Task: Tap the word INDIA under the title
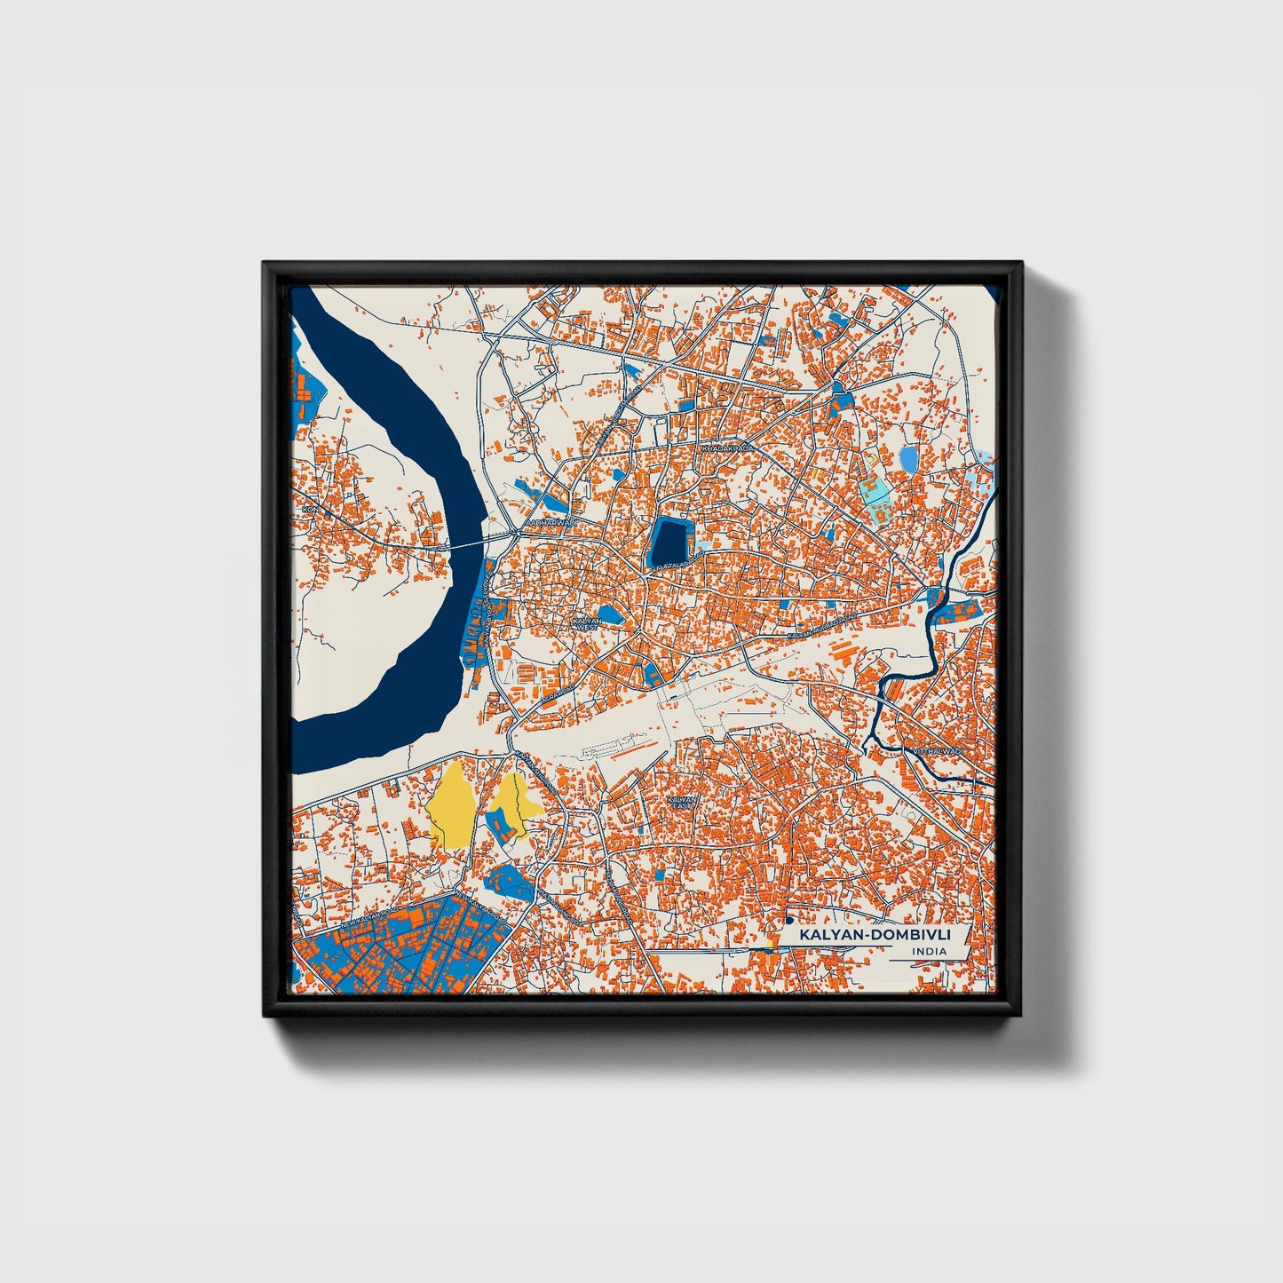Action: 928,952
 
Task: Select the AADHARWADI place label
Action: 550,524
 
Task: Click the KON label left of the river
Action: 308,510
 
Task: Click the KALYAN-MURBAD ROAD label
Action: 822,626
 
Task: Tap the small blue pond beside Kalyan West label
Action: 610,614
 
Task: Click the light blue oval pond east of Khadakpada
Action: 908,458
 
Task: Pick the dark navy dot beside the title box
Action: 788,921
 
